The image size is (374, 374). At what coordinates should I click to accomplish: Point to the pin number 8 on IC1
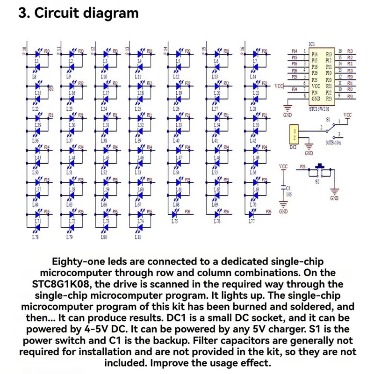pyautogui.click(x=305, y=95)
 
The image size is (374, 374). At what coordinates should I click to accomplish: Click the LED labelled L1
pyautogui.click(x=37, y=61)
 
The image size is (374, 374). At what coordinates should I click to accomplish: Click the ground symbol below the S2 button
pyautogui.click(x=334, y=192)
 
